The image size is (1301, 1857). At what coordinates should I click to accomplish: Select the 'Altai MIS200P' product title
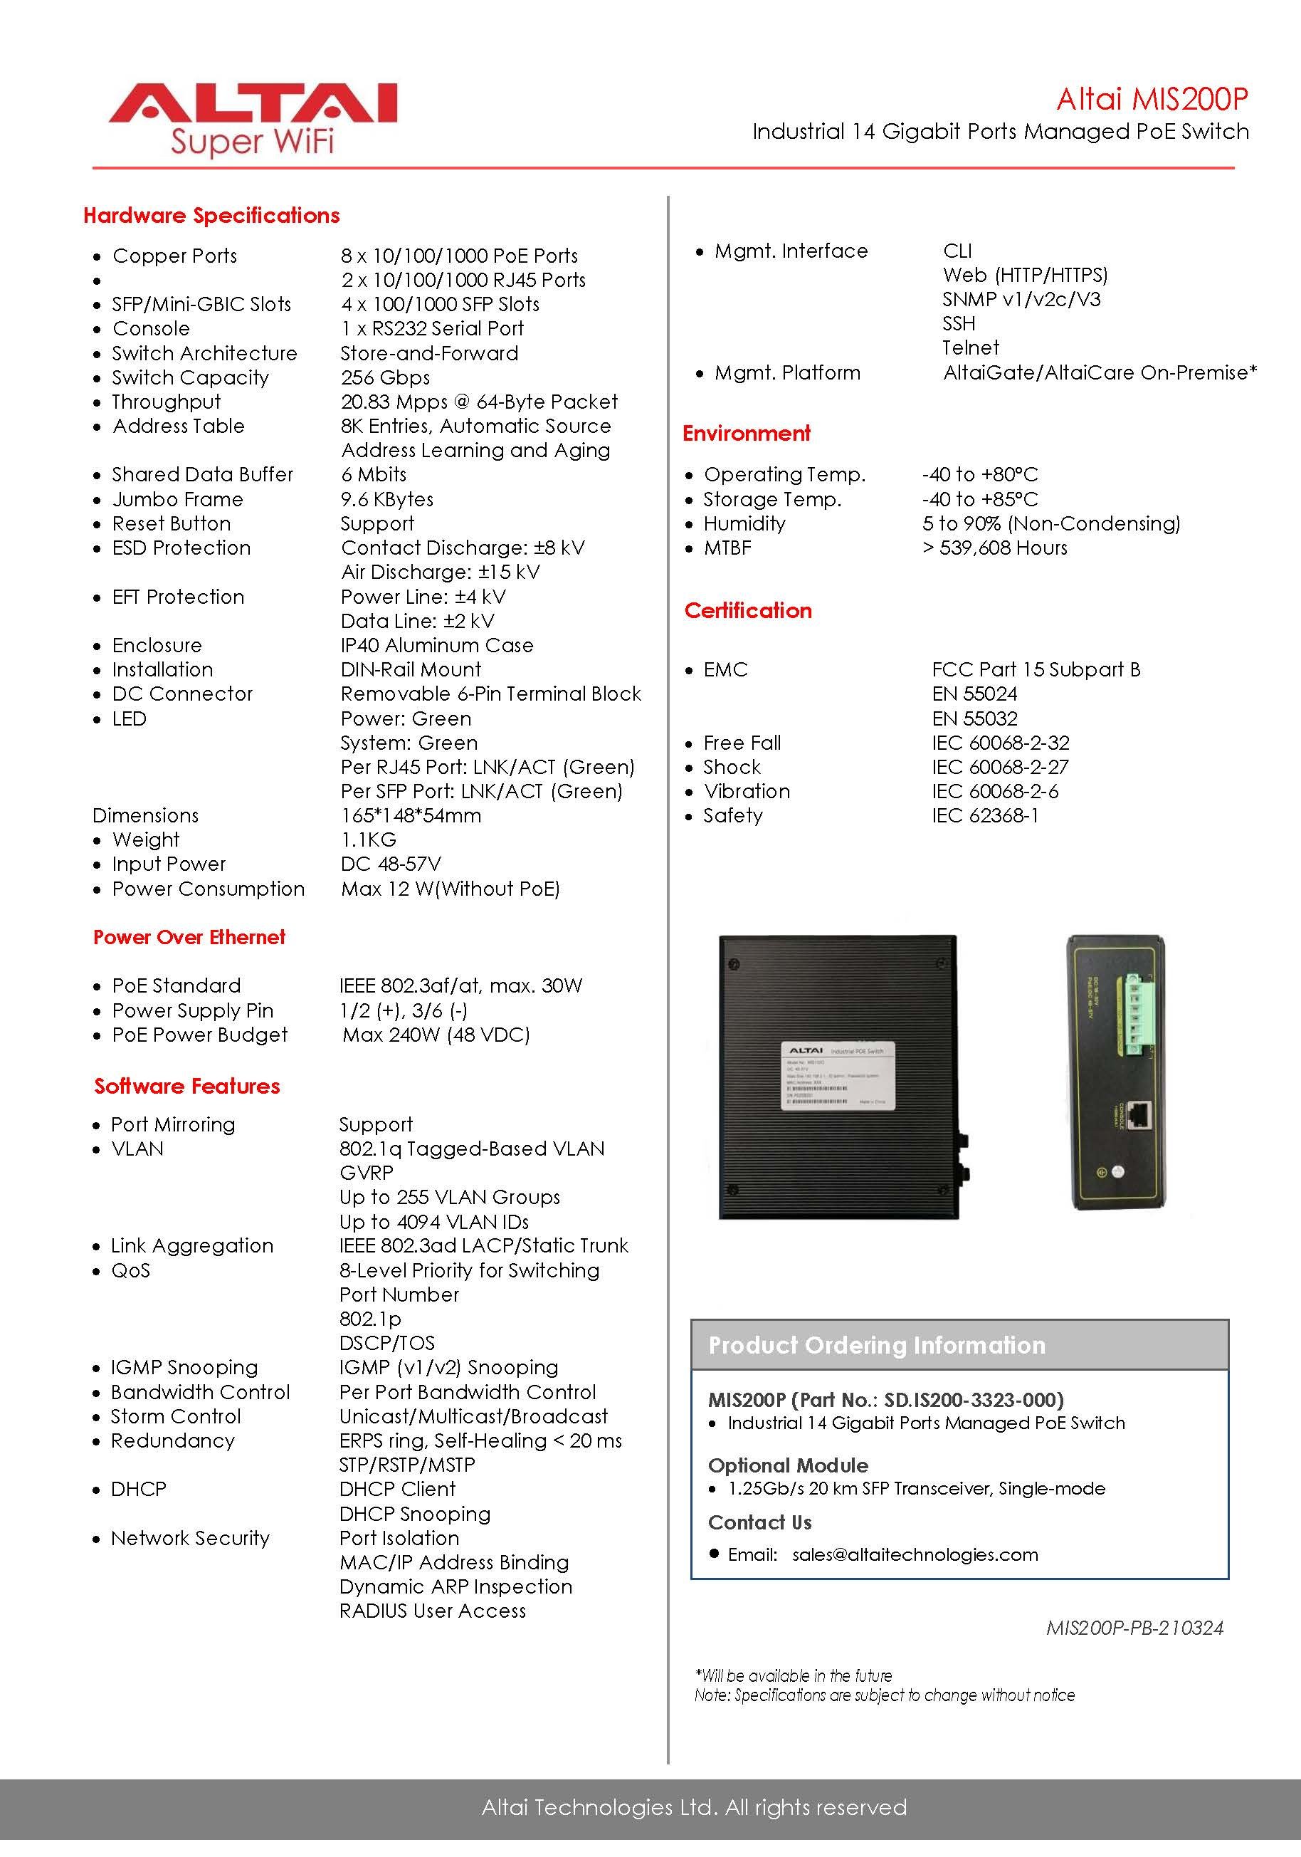point(1152,99)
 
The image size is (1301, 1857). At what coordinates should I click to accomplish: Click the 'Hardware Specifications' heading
point(211,215)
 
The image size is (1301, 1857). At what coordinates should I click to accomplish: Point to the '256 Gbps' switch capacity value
point(385,377)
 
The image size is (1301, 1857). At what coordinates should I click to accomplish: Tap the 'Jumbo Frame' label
point(177,499)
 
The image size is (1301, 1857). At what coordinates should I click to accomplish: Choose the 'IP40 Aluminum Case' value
point(436,645)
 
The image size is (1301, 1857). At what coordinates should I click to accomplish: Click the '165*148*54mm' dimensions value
point(411,815)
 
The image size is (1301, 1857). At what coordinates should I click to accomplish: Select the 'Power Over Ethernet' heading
point(189,937)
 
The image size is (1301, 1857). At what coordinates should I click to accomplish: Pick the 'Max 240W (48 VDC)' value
point(436,1035)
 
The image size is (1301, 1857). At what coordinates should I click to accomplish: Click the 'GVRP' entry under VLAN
point(367,1173)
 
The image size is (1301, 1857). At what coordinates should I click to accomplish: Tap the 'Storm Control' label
point(176,1416)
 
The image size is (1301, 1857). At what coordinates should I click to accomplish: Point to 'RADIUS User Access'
point(433,1611)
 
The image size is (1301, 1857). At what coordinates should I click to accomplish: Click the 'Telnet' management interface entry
point(970,347)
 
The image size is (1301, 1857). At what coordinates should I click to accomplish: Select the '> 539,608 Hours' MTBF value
point(994,548)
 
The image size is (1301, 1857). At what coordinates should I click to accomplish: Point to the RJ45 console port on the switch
point(1140,1114)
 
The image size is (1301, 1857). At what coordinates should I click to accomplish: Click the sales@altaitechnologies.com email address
point(915,1554)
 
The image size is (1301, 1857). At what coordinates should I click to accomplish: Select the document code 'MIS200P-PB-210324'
point(1134,1627)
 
